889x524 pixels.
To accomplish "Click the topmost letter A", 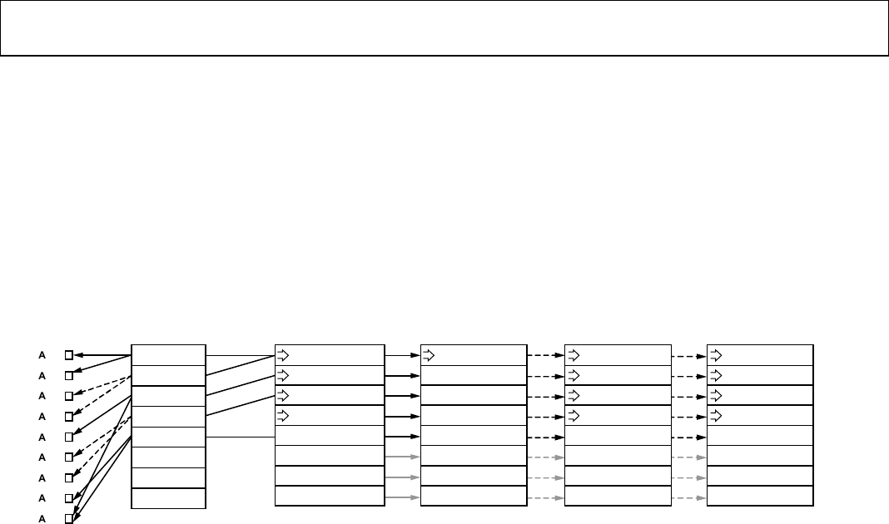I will point(42,354).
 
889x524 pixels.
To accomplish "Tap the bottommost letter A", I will point(42,518).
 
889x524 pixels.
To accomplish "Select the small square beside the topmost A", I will point(69,354).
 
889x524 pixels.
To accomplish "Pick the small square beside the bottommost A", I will point(69,518).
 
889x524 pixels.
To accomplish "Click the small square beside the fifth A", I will point(69,437).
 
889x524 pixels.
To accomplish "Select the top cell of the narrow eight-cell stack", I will point(168,354).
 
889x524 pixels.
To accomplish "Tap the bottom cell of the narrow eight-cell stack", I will point(168,497).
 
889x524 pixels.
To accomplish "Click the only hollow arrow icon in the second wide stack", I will point(429,355).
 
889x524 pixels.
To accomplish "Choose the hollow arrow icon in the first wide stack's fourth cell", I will point(283,416).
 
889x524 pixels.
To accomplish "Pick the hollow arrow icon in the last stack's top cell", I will point(715,355).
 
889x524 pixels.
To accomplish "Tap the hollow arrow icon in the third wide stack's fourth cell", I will point(572,416).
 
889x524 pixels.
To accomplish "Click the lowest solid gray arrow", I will point(403,497).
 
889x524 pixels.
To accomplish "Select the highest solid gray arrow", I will point(403,457).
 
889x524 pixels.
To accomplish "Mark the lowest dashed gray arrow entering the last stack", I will point(688,497).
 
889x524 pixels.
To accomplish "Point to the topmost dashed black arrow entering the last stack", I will point(688,355).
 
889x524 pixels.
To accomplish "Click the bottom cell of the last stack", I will point(760,497).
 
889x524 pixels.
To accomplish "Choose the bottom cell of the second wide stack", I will point(474,497).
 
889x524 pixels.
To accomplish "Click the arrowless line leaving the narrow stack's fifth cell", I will point(240,437).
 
